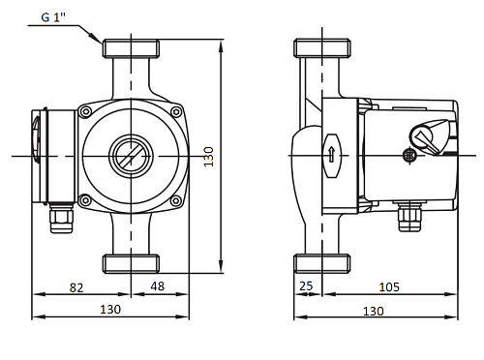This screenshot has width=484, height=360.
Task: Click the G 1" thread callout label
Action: pyautogui.click(x=53, y=17)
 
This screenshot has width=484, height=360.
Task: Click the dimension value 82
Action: pyautogui.click(x=76, y=287)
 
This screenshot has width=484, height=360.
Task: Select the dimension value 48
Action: pyautogui.click(x=158, y=286)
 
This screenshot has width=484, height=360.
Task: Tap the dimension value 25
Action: pyautogui.click(x=306, y=285)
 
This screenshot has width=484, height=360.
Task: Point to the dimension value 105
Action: pyautogui.click(x=389, y=286)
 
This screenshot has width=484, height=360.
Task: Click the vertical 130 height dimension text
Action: pyautogui.click(x=209, y=157)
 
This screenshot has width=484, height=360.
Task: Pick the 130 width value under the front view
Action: pyautogui.click(x=110, y=310)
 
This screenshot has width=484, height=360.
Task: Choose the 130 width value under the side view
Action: pyautogui.click(x=374, y=312)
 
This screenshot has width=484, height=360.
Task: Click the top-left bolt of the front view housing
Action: pyautogui.click(x=86, y=112)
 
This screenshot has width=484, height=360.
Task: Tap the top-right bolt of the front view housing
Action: pyautogui.click(x=176, y=112)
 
